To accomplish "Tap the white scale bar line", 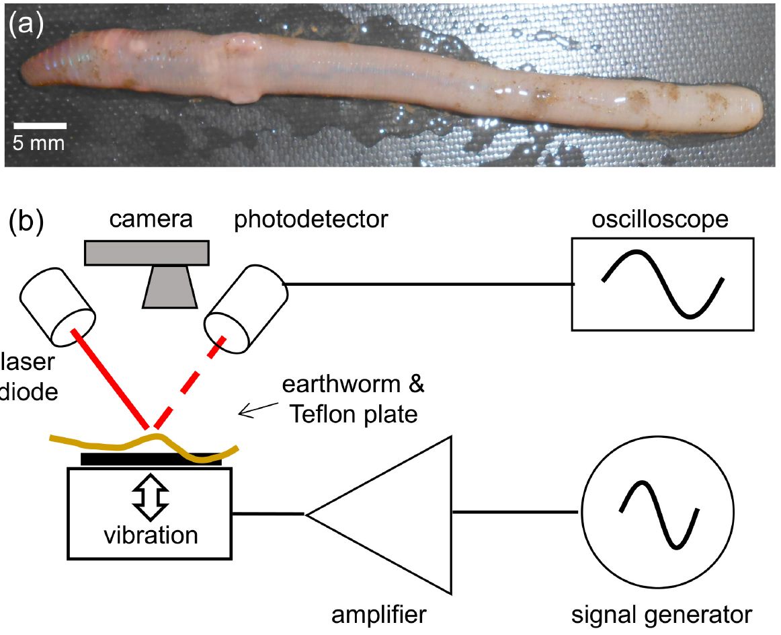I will coord(40,126).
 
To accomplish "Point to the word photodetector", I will coord(311,221).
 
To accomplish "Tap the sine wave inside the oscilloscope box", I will coord(663,283).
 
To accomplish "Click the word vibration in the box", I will coord(150,535).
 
